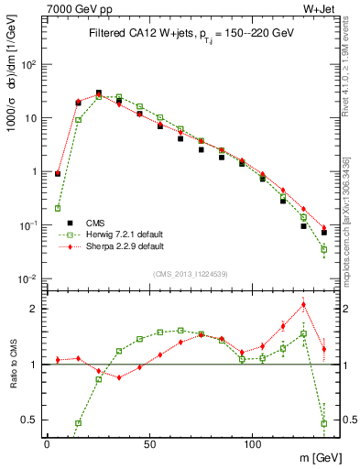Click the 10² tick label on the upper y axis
point(27,65)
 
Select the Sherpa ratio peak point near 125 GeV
point(303,305)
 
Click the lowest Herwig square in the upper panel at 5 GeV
point(58,208)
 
